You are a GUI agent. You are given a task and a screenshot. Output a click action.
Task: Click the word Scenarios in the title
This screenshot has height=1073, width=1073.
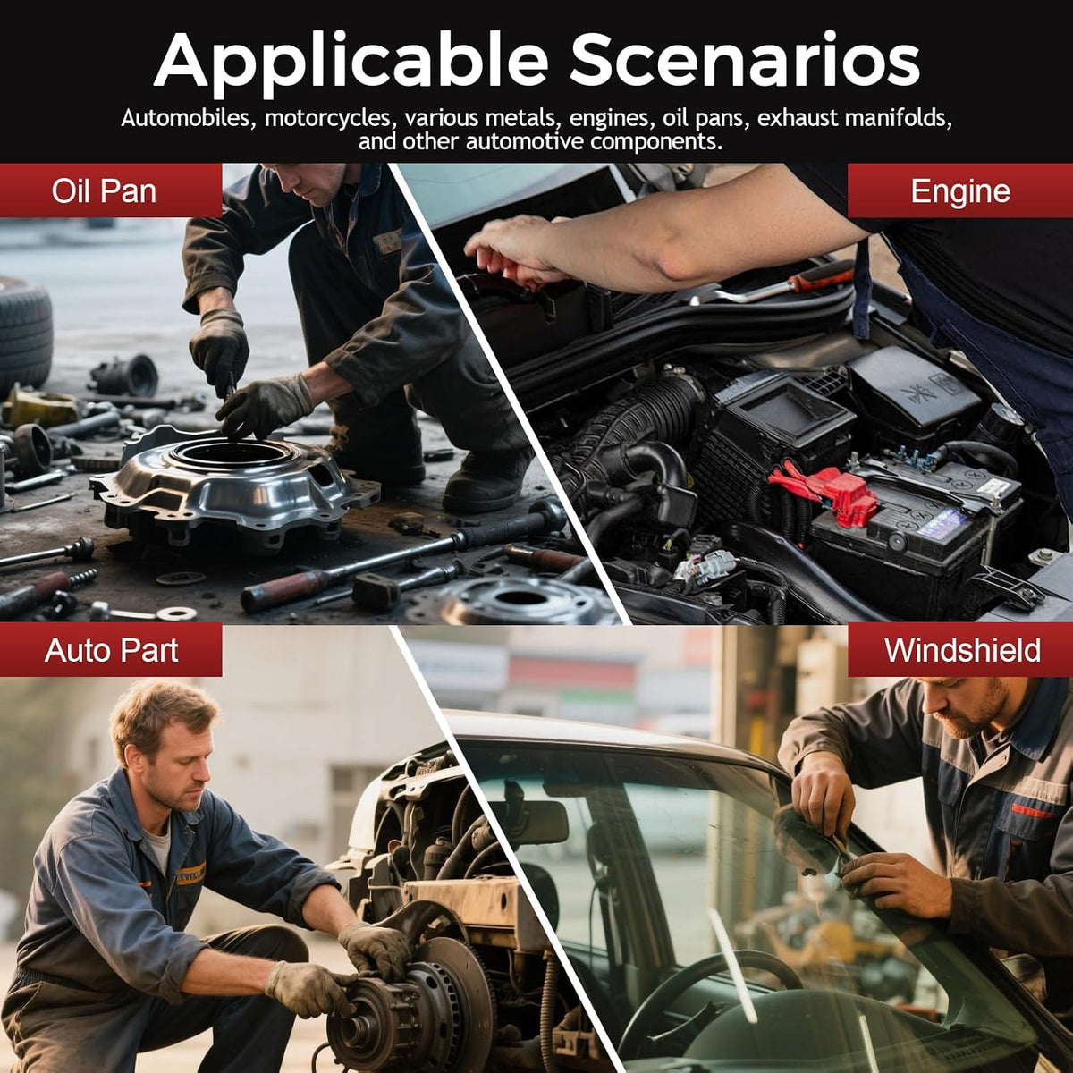coord(745,59)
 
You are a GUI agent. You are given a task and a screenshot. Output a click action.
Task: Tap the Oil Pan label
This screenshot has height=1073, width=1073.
coord(104,191)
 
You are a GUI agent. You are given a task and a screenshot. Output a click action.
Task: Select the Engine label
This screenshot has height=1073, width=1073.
coord(960,191)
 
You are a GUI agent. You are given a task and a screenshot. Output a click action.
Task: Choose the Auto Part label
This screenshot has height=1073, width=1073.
coord(111,650)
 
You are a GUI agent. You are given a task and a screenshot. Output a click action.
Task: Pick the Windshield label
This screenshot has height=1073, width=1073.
coord(961,650)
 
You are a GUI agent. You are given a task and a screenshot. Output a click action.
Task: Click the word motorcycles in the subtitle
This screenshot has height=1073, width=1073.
coord(327,119)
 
